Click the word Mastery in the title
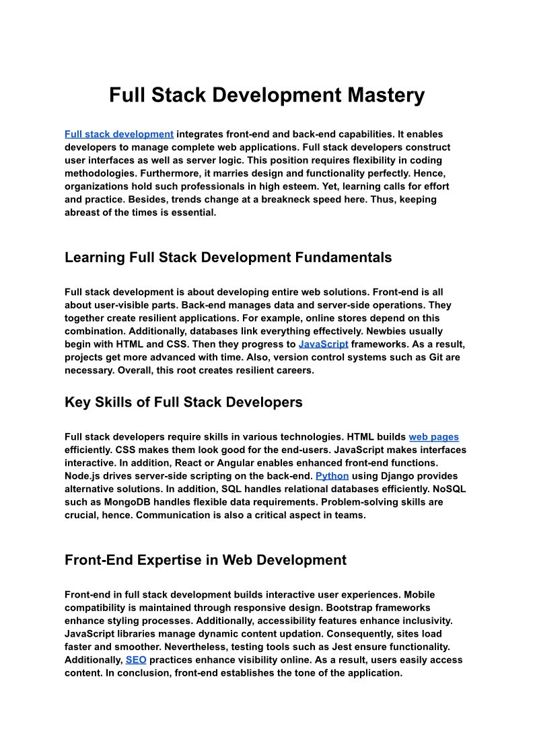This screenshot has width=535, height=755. click(386, 95)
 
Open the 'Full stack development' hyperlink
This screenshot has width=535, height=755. click(119, 134)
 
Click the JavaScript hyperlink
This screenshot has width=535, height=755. click(323, 344)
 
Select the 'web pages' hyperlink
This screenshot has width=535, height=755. click(433, 437)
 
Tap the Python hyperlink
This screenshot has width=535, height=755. click(332, 476)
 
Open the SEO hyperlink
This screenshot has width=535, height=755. click(136, 660)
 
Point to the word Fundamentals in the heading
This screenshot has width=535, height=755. click(343, 257)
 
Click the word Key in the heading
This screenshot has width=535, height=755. click(77, 402)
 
